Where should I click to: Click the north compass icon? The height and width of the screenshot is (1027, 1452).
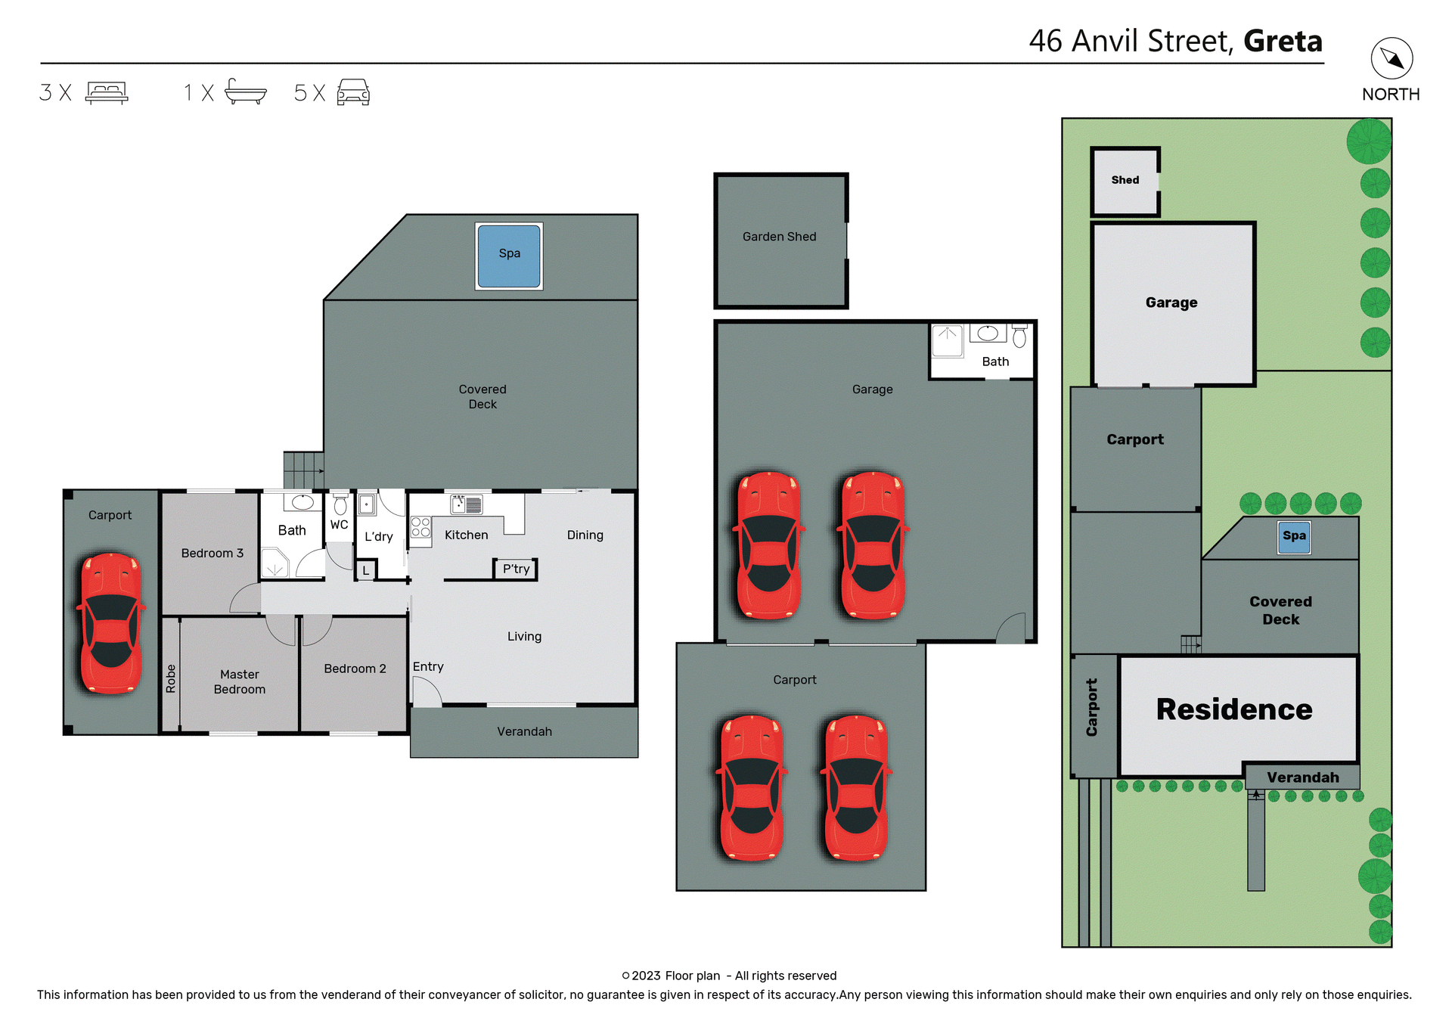[x=1391, y=58]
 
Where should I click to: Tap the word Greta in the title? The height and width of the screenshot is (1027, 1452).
[x=1283, y=42]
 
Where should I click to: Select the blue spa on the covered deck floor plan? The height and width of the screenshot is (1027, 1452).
[x=509, y=256]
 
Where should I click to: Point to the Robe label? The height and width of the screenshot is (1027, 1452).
[x=171, y=678]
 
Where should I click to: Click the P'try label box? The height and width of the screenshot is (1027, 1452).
[x=516, y=569]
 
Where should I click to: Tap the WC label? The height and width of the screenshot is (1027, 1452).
[x=339, y=524]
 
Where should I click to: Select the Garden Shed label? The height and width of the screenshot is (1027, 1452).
[x=779, y=237]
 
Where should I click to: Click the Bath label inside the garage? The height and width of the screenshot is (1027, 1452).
[x=995, y=361]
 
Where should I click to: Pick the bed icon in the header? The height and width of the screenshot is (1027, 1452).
[x=107, y=92]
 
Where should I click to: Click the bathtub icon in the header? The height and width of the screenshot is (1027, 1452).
[x=246, y=92]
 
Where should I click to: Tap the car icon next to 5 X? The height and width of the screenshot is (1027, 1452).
[x=353, y=92]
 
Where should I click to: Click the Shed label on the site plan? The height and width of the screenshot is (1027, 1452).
[x=1125, y=180]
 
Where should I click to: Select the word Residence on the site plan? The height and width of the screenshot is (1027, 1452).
[x=1233, y=709]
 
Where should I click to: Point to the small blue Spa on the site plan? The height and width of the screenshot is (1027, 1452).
[x=1294, y=536]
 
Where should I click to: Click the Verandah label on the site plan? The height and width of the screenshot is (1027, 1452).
[x=1302, y=777]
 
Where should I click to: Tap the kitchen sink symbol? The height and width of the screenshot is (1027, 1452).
[x=467, y=504]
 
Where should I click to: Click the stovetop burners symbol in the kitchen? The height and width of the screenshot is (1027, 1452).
[x=420, y=527]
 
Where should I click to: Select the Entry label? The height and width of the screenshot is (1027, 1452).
[x=428, y=666]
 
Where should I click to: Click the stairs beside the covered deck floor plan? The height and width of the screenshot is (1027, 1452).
[x=303, y=470]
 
